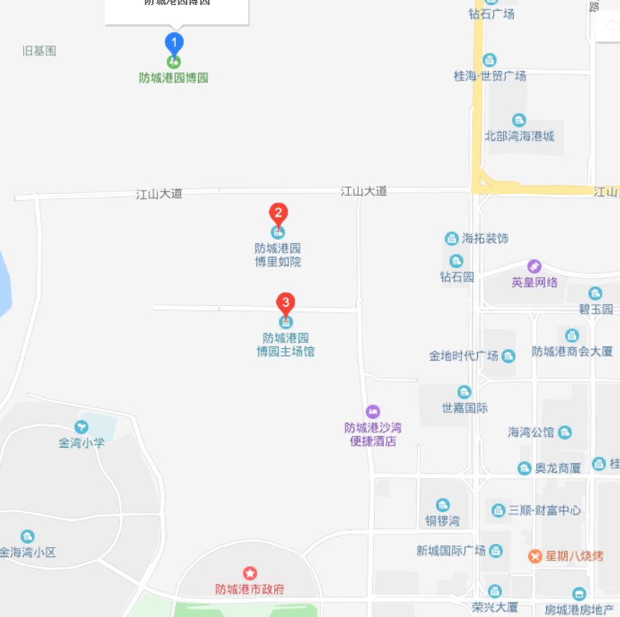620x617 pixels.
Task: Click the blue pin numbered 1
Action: click(x=174, y=42)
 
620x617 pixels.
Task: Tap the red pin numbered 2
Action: click(x=278, y=213)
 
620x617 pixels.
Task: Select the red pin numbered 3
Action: click(x=286, y=303)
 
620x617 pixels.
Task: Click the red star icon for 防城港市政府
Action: click(x=250, y=573)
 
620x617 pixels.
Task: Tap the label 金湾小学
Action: click(x=82, y=443)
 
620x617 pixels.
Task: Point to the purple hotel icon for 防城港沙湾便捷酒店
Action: click(x=372, y=412)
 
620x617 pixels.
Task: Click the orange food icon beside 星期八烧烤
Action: click(x=535, y=556)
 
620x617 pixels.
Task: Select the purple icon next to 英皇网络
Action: click(x=534, y=267)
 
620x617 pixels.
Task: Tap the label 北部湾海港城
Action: click(x=520, y=136)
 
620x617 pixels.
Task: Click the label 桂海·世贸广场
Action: click(x=490, y=75)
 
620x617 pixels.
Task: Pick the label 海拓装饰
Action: click(x=485, y=238)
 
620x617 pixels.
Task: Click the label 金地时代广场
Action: click(x=464, y=356)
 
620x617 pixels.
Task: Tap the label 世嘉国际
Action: click(x=464, y=408)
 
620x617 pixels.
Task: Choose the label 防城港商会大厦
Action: click(x=572, y=352)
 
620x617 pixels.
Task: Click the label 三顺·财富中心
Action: click(x=545, y=510)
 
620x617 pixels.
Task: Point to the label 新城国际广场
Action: click(x=451, y=551)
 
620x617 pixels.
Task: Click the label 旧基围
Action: click(x=39, y=50)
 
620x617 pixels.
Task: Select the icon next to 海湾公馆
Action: click(x=565, y=432)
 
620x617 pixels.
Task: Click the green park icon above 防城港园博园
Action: click(x=174, y=62)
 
